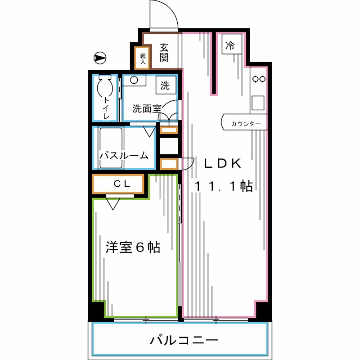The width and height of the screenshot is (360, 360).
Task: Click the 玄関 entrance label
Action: coord(163,52)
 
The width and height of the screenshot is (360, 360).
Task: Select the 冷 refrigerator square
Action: coord(230,45)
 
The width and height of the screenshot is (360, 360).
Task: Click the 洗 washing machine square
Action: coord(165,85)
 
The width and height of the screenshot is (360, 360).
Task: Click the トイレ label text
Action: coord(107,108)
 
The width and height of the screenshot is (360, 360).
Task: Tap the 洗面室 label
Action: coord(147,108)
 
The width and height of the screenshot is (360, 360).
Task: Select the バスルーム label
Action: coord(124,156)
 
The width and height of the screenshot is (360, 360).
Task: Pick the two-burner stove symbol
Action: coord(259,79)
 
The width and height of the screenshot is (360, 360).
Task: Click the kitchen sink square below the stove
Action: coord(259,103)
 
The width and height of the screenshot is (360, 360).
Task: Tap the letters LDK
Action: coord(223,163)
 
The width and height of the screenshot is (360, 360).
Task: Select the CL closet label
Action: coord(121,183)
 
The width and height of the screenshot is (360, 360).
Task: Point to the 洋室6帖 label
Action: coord(133,247)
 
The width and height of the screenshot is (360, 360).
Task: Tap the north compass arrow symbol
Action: coord(99,58)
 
